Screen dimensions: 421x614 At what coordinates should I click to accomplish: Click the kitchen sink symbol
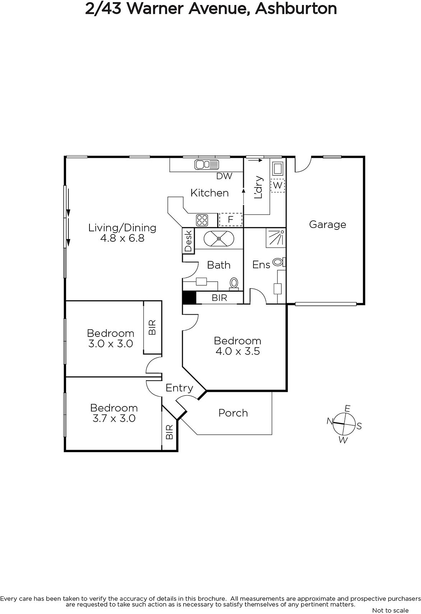tap(207, 165)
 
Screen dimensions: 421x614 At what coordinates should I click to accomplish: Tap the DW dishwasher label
tap(224, 176)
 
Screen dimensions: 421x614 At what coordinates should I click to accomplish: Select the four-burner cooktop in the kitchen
tap(202, 220)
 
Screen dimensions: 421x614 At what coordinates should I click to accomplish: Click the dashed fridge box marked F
tap(230, 220)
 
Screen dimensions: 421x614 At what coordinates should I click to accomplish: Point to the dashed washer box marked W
tap(277, 186)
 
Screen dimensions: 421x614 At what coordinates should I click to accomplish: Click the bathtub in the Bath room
tap(219, 238)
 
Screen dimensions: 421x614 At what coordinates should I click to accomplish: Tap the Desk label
tap(188, 241)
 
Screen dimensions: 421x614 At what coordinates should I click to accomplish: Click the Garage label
tap(327, 224)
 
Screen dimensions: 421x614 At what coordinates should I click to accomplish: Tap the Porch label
tap(233, 413)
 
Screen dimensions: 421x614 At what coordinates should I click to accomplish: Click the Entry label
tap(179, 388)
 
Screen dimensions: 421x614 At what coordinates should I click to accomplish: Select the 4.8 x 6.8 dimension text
tap(122, 238)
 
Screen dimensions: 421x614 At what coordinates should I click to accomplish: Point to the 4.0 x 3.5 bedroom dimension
tap(238, 352)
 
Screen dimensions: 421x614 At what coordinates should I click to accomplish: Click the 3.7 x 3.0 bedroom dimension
tap(114, 419)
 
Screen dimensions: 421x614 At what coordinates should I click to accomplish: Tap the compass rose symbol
tap(344, 424)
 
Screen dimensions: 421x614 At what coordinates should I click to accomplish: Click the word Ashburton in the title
tap(296, 9)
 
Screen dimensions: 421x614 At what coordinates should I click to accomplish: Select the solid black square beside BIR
tap(189, 297)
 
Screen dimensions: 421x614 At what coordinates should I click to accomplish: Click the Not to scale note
tap(390, 610)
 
